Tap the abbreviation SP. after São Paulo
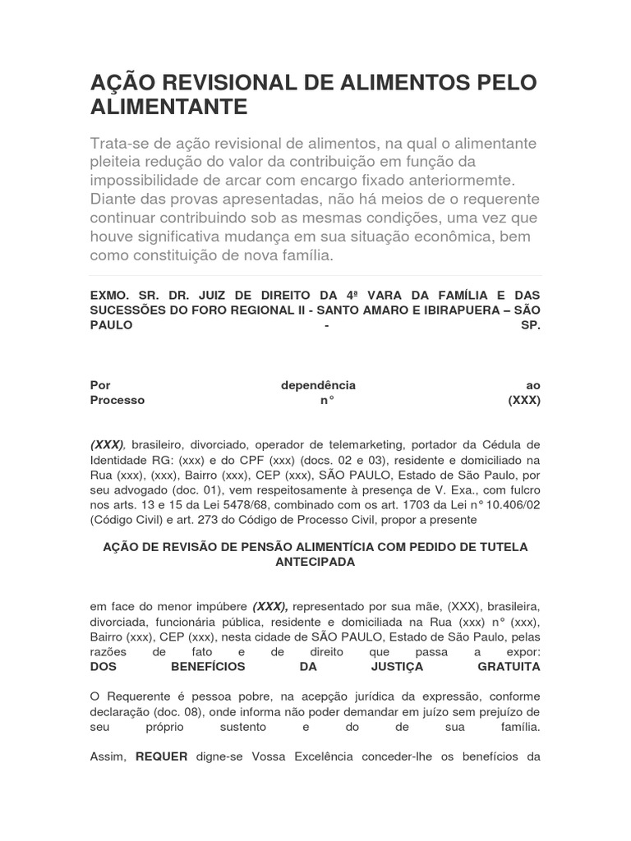531,325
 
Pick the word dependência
318,385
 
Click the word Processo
117,401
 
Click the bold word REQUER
162,756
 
